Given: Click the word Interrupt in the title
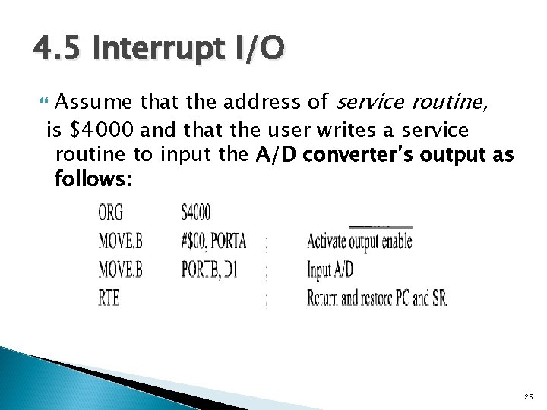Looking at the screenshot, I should pyautogui.click(x=154, y=49).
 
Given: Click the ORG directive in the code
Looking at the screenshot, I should pyautogui.click(x=110, y=213).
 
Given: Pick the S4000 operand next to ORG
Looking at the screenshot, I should pyautogui.click(x=197, y=213).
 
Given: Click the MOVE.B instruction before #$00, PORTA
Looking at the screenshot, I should pyautogui.click(x=120, y=241).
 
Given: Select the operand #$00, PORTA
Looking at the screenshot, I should pyautogui.click(x=213, y=241).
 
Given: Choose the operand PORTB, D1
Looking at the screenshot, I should pyautogui.click(x=209, y=270).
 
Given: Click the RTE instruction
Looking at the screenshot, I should pyautogui.click(x=109, y=298).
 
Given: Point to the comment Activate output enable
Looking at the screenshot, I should pyautogui.click(x=359, y=242).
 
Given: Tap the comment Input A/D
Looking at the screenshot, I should pyautogui.click(x=330, y=270).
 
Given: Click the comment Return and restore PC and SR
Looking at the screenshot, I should pyautogui.click(x=376, y=298).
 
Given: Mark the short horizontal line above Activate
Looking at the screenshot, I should pyautogui.click(x=380, y=226).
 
